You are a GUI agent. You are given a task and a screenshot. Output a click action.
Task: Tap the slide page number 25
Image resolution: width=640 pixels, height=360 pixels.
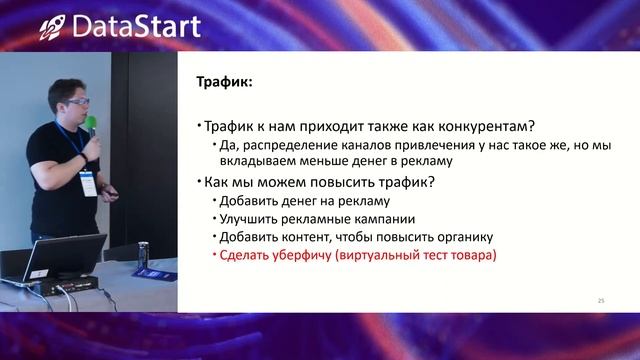pyautogui.click(x=601, y=300)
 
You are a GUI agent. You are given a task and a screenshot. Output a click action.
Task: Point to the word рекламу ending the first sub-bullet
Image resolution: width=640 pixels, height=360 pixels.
pyautogui.click(x=424, y=161)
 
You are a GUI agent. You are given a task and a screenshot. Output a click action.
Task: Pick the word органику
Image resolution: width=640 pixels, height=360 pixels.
pyautogui.click(x=464, y=237)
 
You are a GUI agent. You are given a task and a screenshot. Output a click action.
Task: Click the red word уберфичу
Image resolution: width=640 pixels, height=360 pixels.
pyautogui.click(x=304, y=256)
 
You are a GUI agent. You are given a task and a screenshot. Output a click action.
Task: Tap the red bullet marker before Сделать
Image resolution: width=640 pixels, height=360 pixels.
pyautogui.click(x=212, y=256)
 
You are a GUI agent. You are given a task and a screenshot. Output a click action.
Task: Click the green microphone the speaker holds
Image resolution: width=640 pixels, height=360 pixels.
pyautogui.click(x=91, y=126)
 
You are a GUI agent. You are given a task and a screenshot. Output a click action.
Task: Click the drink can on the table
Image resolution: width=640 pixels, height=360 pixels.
pyautogui.click(x=143, y=256)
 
